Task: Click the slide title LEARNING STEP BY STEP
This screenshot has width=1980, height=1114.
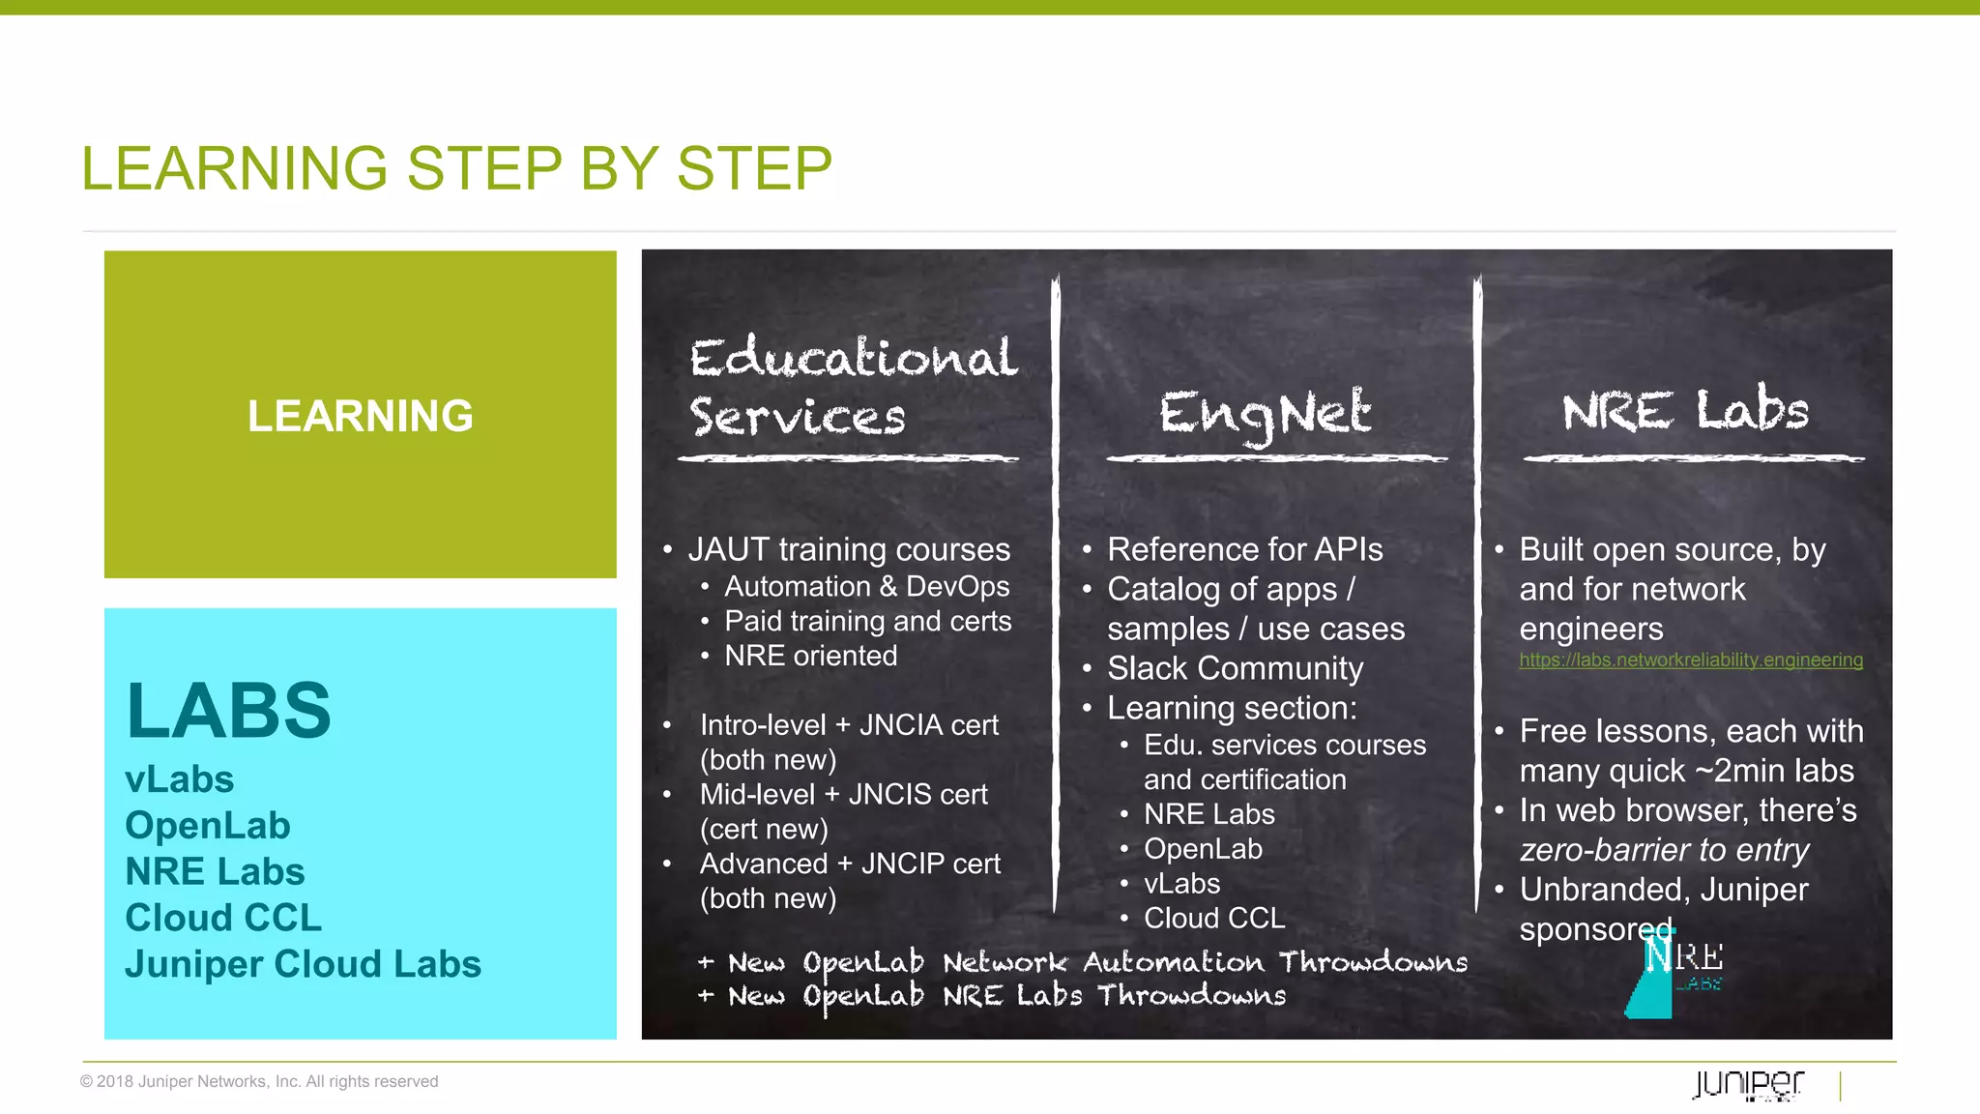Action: (456, 168)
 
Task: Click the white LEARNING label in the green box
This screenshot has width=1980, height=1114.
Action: (360, 416)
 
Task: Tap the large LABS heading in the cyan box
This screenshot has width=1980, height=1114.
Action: (228, 711)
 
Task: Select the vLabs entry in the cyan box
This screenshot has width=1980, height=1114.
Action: (180, 779)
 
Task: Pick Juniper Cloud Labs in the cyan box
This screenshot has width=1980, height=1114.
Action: (303, 964)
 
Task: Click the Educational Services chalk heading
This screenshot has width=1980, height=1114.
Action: (851, 387)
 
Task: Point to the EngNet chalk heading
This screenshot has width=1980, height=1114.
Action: (1265, 414)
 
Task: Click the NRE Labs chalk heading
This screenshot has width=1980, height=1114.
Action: (1684, 410)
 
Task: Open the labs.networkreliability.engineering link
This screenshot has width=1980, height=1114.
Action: (1690, 660)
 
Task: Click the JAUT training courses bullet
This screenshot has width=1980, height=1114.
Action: (848, 549)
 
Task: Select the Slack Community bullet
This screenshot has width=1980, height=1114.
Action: (1235, 668)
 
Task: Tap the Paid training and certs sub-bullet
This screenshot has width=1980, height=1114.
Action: (867, 621)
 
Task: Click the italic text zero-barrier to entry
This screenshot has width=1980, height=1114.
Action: (1663, 850)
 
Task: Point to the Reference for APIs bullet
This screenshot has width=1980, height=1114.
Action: (1244, 549)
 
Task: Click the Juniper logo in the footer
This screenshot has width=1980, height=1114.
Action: (1748, 1084)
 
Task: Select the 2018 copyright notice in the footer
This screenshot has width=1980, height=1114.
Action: (259, 1081)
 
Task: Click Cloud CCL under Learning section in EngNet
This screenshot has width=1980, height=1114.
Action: (1214, 918)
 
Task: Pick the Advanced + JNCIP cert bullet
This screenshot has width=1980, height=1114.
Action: (849, 864)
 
